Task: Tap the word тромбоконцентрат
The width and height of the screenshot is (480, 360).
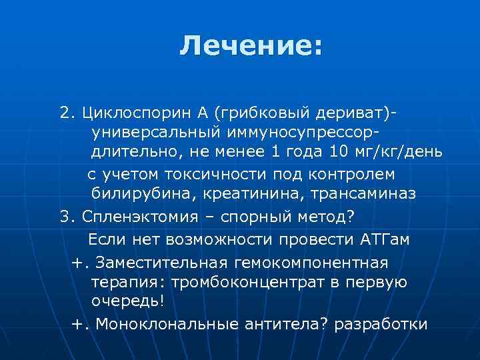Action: [x=250, y=281]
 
